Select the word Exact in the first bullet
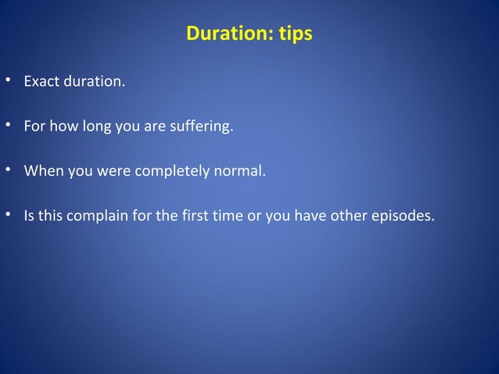pos(41,81)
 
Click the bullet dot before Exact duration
pos(8,81)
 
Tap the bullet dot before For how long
pos(8,126)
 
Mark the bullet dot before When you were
pos(8,170)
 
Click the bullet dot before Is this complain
pos(8,214)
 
